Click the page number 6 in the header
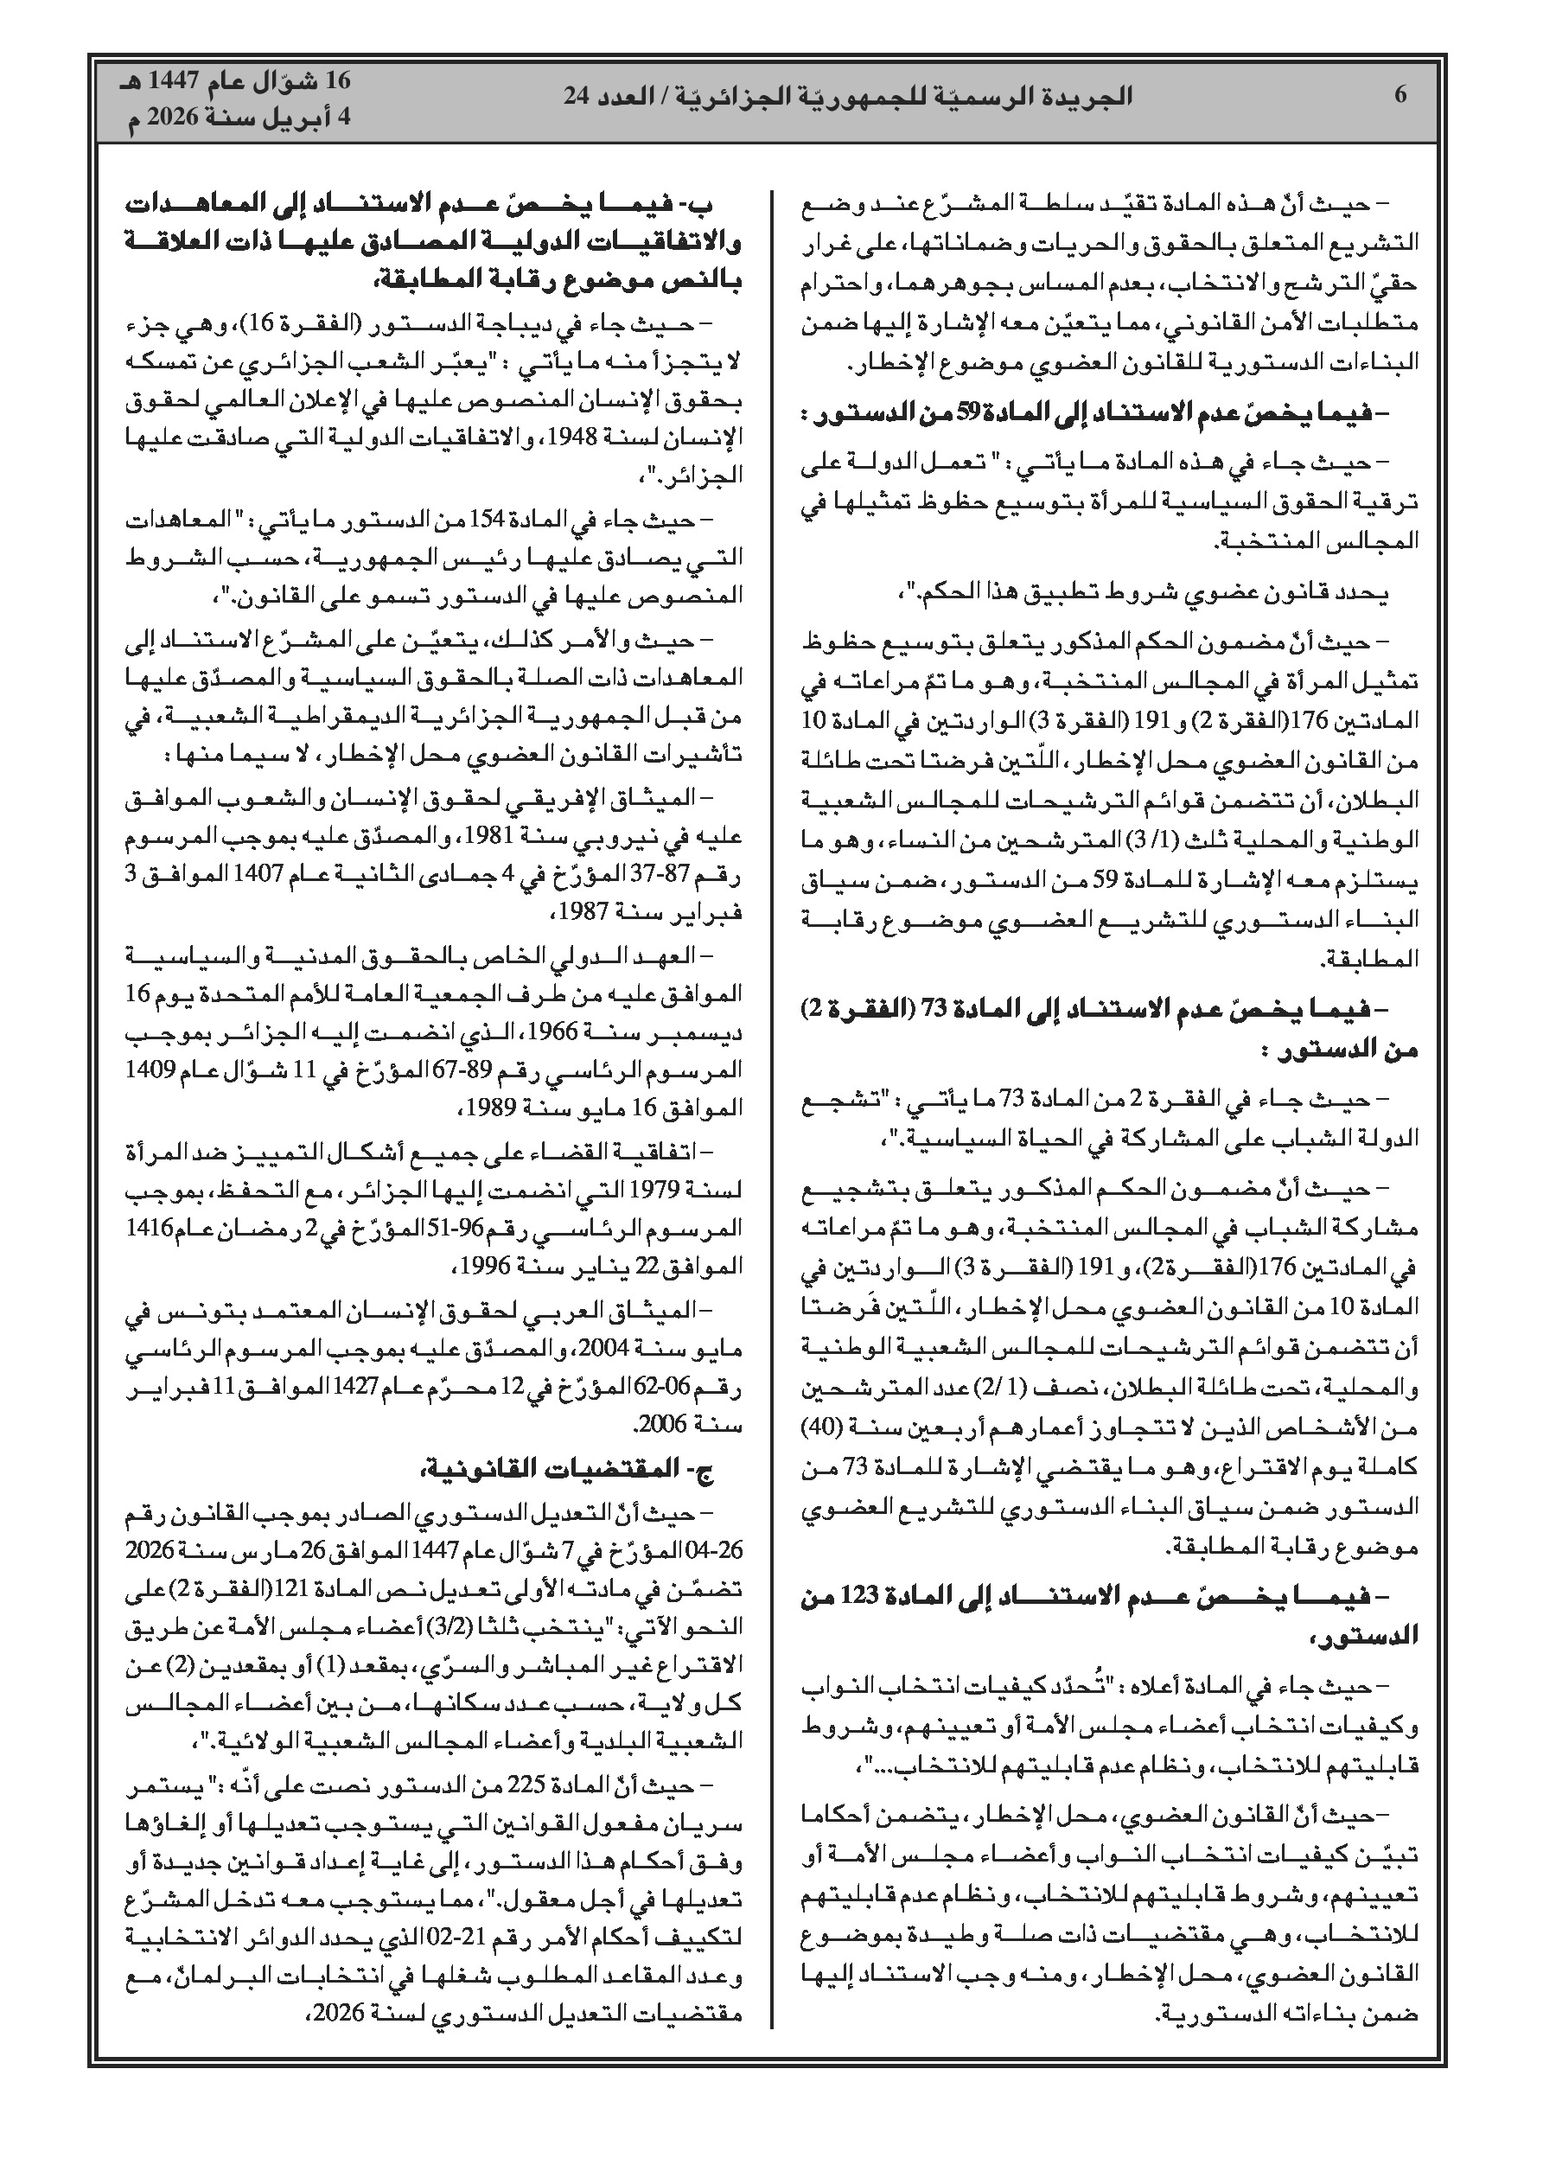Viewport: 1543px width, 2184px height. (x=1400, y=95)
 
